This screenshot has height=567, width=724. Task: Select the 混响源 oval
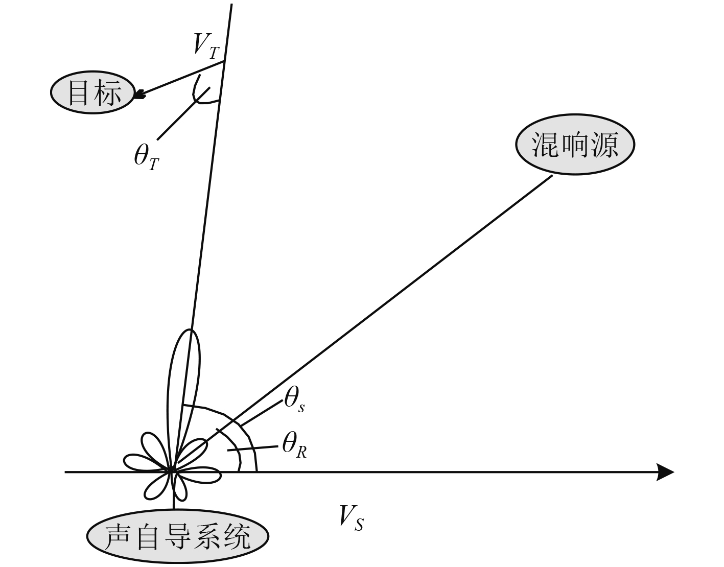click(x=575, y=145)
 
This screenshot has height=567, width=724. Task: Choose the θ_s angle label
click(x=294, y=398)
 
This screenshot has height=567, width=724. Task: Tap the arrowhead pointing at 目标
click(x=139, y=94)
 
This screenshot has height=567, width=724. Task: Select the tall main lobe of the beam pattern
click(x=184, y=373)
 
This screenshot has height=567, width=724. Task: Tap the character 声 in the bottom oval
click(x=115, y=536)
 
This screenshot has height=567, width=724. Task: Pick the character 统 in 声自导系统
click(x=238, y=536)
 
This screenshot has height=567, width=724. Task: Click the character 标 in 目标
click(x=108, y=93)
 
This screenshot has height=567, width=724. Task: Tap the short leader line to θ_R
click(x=253, y=447)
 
